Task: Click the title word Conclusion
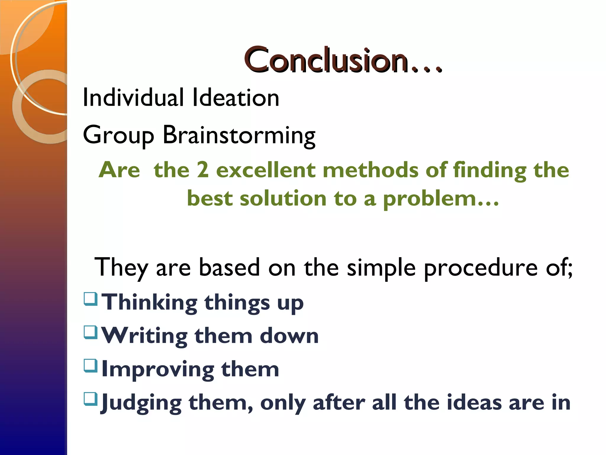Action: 327,60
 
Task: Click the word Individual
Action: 133,98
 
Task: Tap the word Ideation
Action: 236,98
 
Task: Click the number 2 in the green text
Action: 203,170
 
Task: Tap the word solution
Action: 283,198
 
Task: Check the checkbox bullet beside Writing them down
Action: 91,332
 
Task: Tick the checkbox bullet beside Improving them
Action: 91,366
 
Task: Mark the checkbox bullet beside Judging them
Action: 91,399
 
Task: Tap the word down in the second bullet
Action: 289,336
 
